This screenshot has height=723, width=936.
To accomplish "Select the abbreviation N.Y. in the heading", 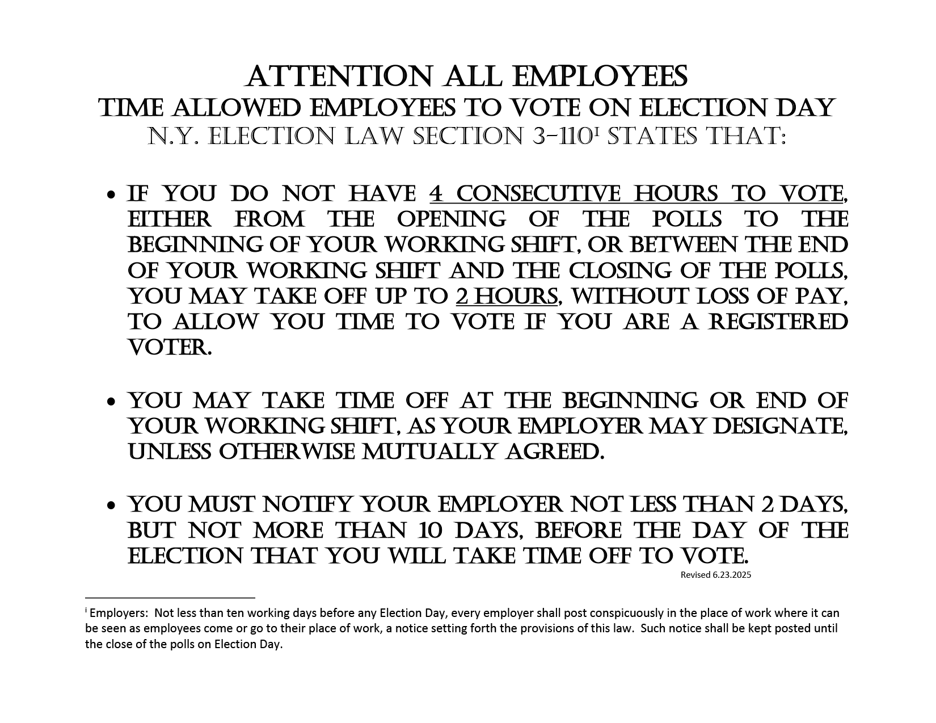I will pos(174,136).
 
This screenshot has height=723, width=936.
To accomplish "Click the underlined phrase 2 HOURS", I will pos(507,297).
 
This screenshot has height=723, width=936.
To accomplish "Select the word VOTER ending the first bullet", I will pos(169,348).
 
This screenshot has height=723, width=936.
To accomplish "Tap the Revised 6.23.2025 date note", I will pos(715,574).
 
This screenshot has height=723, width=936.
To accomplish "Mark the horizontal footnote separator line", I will pos(170,597).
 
